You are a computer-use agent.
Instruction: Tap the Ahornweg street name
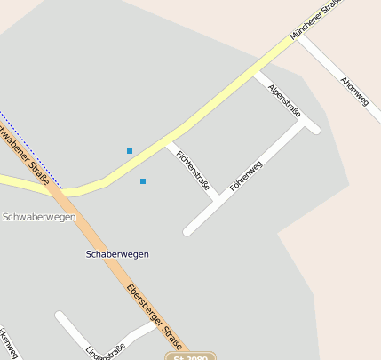[354, 92]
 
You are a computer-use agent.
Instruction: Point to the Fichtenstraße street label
[193, 171]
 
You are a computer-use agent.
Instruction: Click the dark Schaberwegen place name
[117, 254]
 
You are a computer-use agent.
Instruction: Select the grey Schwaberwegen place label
[39, 217]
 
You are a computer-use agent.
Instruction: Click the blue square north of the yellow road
[130, 151]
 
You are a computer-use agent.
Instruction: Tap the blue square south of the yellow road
[143, 181]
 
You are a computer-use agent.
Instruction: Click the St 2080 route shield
[190, 357]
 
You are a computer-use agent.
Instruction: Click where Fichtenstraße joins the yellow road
[169, 142]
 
